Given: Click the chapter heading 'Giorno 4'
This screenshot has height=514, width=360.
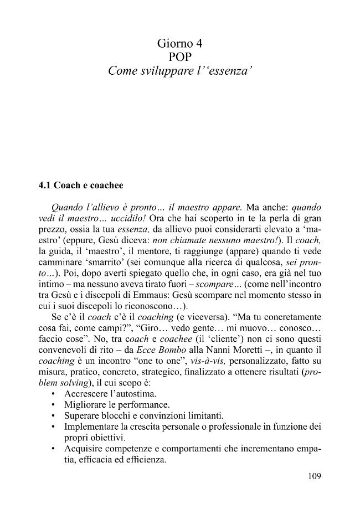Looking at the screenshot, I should [x=179, y=43].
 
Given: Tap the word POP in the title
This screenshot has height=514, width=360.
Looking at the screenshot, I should [x=179, y=57].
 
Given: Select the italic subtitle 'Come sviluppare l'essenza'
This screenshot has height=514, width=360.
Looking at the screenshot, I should [x=180, y=71].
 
